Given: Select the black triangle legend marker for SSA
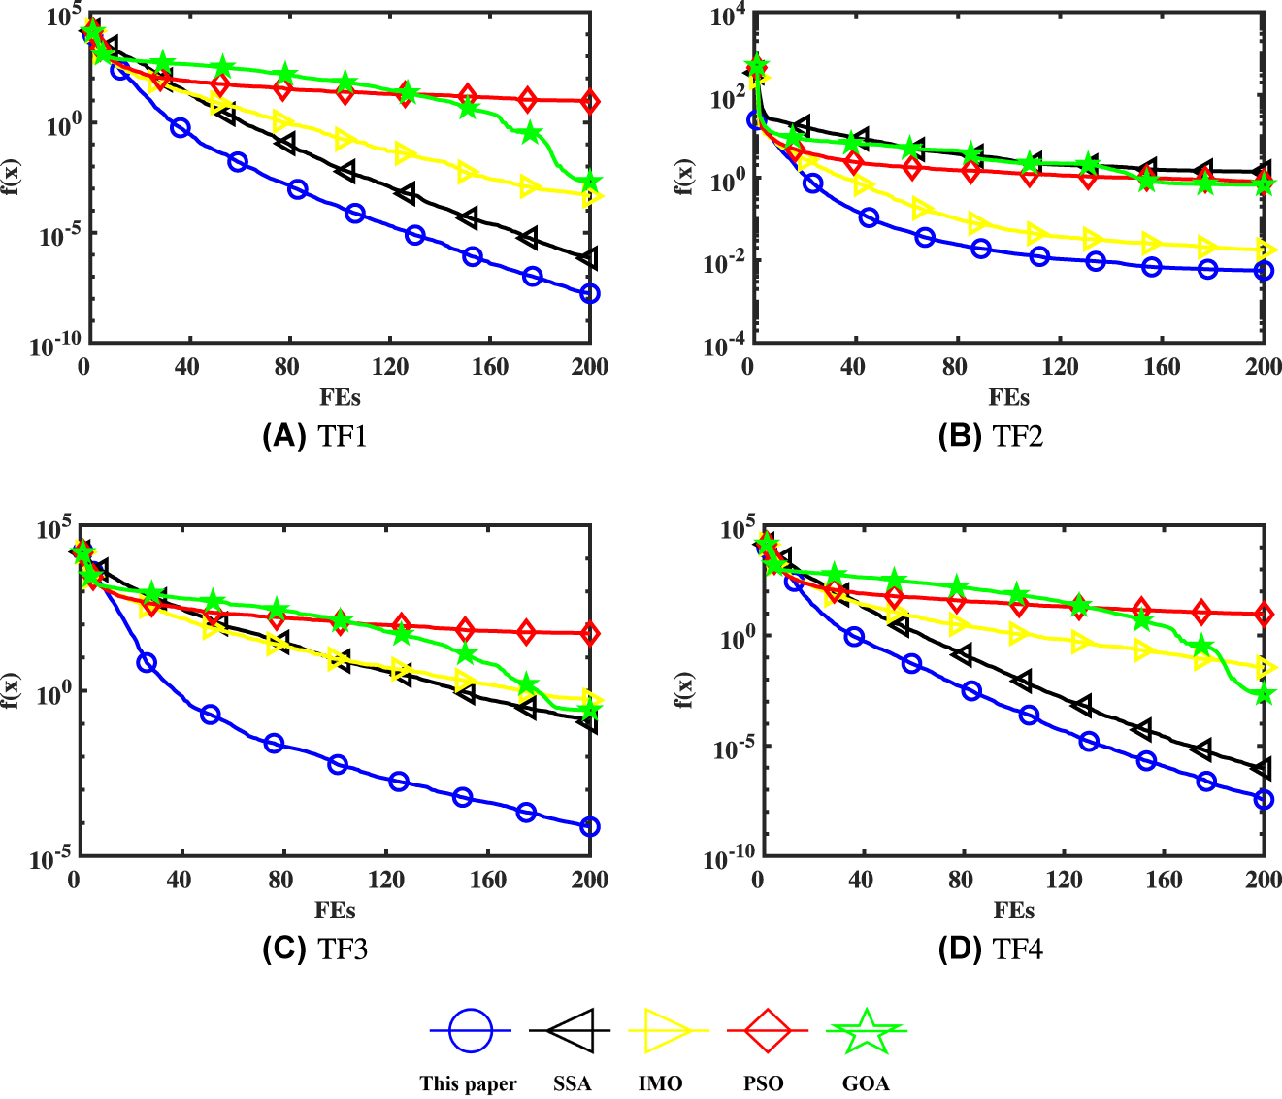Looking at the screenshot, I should [x=571, y=1030].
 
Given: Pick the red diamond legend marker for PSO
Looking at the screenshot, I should [x=768, y=1030].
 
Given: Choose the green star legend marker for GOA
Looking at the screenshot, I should [x=866, y=1030].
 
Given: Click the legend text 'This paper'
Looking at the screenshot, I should [x=468, y=1083].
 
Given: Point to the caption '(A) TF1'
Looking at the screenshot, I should [x=314, y=436].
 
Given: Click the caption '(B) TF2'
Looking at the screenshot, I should [x=990, y=436].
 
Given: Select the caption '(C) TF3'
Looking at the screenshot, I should [x=314, y=949].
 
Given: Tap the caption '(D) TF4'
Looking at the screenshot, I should [x=990, y=949].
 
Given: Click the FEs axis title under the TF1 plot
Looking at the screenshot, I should [x=340, y=397].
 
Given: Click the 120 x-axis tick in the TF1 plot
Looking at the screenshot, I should [x=390, y=367].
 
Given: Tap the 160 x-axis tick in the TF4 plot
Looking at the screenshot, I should [x=1163, y=880].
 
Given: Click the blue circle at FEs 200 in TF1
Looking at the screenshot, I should [x=589, y=293].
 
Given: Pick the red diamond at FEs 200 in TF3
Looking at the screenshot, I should [x=589, y=634].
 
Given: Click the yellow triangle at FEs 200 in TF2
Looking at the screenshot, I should [x=1264, y=250].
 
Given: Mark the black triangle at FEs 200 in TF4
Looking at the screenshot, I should [x=1263, y=769].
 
